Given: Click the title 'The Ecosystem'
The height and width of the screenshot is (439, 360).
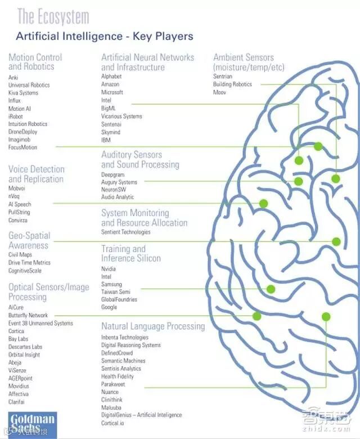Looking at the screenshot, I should [x=53, y=17].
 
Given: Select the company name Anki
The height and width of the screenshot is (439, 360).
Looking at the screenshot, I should [x=13, y=77].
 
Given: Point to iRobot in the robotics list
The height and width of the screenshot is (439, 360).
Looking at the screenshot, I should [x=16, y=116].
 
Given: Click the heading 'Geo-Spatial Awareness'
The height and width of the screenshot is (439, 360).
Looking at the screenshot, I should [x=29, y=240].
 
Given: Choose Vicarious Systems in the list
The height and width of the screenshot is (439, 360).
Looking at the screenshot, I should [x=121, y=116].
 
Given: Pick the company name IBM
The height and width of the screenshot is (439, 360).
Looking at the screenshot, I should [x=106, y=139].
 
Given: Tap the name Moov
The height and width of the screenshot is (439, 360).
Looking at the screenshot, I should [x=219, y=92].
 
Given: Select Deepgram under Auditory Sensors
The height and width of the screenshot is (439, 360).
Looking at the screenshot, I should [x=112, y=175].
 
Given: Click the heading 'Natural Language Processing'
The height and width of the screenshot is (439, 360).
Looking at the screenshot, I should [x=153, y=326].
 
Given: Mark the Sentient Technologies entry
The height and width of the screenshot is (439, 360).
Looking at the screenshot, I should [x=126, y=232].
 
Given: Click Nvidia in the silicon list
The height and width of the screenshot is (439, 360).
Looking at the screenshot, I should [x=109, y=269].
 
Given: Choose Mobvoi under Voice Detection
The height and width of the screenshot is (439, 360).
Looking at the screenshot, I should [x=17, y=188].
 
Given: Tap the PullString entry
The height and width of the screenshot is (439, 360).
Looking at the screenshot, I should [x=19, y=212].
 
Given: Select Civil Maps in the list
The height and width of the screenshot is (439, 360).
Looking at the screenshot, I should [x=20, y=254].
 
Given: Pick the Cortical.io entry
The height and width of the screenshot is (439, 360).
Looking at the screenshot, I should [x=112, y=423].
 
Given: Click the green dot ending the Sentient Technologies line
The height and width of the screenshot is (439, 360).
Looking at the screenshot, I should [x=336, y=241].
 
